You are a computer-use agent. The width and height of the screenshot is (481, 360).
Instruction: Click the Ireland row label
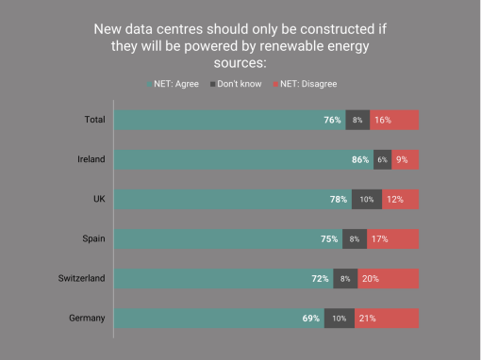(91, 159)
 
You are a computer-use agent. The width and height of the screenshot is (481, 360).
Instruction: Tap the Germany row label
(87, 319)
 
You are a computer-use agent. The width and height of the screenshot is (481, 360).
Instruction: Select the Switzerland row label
(81, 278)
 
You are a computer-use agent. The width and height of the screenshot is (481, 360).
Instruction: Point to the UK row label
(99, 199)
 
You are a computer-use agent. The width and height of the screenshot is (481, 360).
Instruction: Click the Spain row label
(93, 238)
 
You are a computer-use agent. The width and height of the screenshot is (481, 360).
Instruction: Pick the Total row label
(94, 120)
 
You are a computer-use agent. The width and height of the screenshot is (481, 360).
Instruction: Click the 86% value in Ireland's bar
(360, 159)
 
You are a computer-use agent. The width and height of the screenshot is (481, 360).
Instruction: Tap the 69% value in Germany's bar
(311, 319)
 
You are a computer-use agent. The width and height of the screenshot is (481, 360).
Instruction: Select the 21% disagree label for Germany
(368, 319)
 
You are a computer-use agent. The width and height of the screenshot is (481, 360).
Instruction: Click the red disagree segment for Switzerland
(389, 279)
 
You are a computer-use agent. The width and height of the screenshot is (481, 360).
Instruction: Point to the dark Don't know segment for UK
(367, 199)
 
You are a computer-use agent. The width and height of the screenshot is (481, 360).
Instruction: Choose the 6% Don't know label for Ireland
(382, 159)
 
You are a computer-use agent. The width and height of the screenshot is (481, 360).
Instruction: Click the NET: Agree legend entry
(173, 84)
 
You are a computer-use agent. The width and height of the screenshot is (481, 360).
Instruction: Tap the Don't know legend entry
(236, 84)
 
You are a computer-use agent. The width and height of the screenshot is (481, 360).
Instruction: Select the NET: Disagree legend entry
(305, 84)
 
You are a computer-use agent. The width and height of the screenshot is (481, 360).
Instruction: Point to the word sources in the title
(240, 63)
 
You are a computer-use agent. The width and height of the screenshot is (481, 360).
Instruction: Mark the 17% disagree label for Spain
(380, 239)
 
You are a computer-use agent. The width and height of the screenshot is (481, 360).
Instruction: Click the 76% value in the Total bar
(332, 120)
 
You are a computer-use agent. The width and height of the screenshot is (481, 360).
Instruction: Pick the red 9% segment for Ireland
(406, 159)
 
